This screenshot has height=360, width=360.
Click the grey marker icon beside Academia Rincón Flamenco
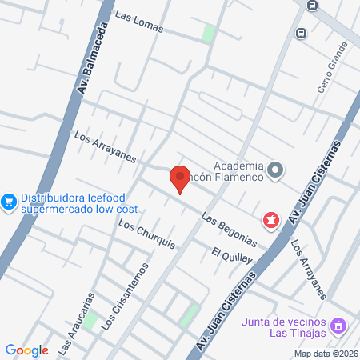click(275, 169)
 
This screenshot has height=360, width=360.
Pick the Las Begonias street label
click(229, 229)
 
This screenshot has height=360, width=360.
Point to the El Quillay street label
click(232, 256)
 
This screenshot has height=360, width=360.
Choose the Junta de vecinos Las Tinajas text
click(284, 327)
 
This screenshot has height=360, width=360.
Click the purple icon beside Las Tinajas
click(339, 326)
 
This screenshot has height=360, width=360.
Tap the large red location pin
click(180, 178)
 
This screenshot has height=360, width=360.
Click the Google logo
click(26, 350)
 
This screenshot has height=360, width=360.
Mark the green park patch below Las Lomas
click(210, 34)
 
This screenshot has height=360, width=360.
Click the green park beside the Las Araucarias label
click(90, 321)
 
